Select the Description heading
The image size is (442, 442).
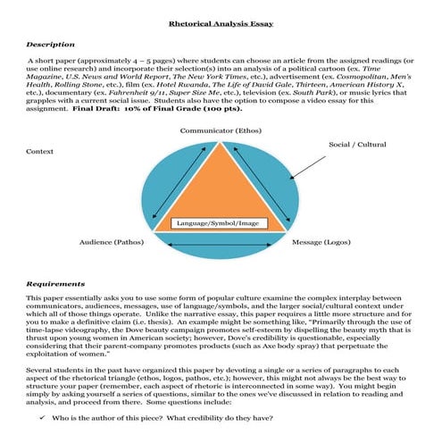tap(51, 43)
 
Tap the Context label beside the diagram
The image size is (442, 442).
tap(40, 152)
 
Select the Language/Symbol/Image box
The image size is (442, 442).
tap(220, 221)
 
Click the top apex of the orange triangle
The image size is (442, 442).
tap(221, 143)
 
